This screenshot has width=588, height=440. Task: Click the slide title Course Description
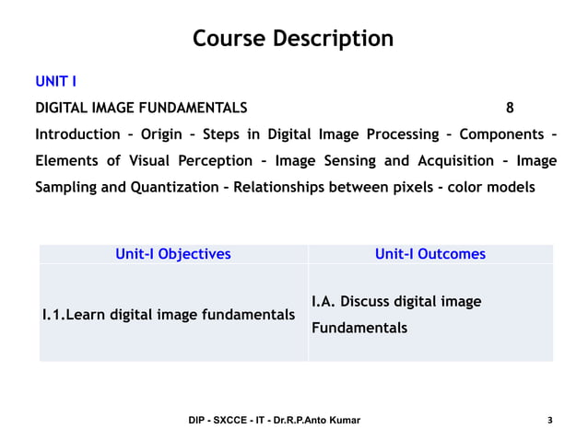coord(293,39)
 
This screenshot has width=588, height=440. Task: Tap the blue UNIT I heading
coord(55,81)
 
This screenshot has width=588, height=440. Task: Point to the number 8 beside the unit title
coord(511,107)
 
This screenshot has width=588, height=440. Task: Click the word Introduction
coord(77,134)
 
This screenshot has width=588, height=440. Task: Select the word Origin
coord(162,134)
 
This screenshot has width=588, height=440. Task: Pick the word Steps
coord(221,134)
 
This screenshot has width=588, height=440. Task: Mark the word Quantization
coord(175,188)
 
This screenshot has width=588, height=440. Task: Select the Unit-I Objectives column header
coord(173,254)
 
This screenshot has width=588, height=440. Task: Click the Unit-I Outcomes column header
coord(429,254)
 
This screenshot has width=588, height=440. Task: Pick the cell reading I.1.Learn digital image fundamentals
coord(169,315)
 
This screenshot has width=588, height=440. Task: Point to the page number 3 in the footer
coord(550,421)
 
